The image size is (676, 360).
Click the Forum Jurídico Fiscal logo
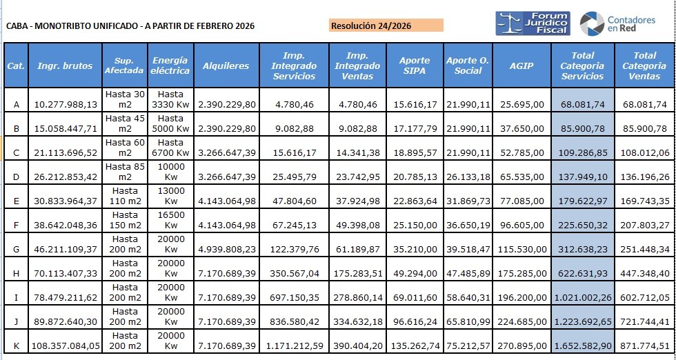532,23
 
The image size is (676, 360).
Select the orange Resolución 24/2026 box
386,26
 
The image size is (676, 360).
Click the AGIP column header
521,66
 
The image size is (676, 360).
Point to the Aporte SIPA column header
414,66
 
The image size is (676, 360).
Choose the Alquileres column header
226,66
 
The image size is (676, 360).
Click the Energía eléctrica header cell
170,66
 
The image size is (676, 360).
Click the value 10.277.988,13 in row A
66,104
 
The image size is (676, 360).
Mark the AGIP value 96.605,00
521,225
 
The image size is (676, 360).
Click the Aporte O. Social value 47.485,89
468,273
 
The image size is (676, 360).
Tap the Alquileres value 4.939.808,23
226,249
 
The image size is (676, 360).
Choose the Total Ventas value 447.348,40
644,273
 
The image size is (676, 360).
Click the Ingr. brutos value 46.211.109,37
66,249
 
